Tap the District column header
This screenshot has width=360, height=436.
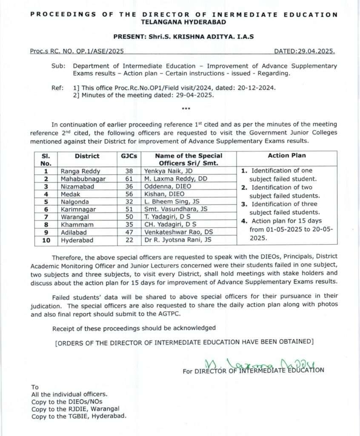[87, 156]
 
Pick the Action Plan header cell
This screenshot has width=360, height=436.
[287, 155]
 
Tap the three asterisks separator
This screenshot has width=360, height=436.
[186, 108]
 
